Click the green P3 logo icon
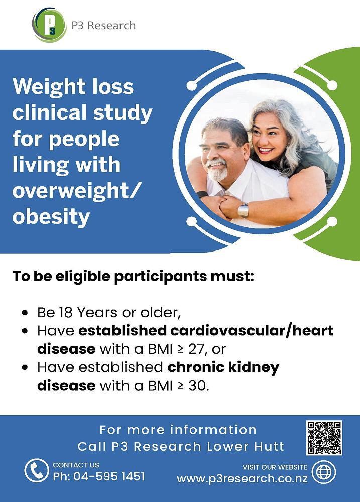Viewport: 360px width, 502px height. pyautogui.click(x=49, y=25)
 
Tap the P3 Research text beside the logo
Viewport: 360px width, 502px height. pyautogui.click(x=103, y=25)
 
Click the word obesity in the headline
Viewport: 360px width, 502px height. pyautogui.click(x=51, y=217)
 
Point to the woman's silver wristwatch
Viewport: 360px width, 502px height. pyautogui.click(x=243, y=210)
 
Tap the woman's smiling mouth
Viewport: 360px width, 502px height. pyautogui.click(x=266, y=150)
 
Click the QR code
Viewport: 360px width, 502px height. pyautogui.click(x=324, y=438)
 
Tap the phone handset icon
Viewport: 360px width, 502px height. pyautogui.click(x=37, y=471)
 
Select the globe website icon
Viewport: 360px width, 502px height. pyautogui.click(x=324, y=472)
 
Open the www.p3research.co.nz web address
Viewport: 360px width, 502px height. pyautogui.click(x=242, y=478)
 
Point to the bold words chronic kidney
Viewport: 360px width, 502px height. pyautogui.click(x=223, y=367)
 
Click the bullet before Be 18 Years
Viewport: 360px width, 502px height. pyautogui.click(x=25, y=312)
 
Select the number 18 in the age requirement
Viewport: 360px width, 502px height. pyautogui.click(x=66, y=312)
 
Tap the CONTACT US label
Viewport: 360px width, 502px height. pyautogui.click(x=76, y=465)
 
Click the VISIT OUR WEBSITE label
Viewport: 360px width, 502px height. pyautogui.click(x=275, y=467)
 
